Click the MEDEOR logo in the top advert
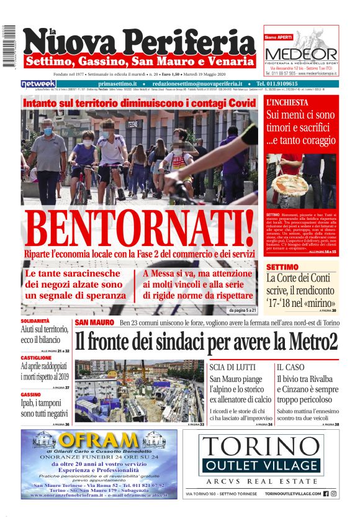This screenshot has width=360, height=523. (x=301, y=54)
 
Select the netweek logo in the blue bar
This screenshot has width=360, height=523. (x=38, y=83)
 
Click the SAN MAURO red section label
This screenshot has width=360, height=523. (x=94, y=322)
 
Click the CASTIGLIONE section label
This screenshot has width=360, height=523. (x=37, y=358)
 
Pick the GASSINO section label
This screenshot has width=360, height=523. (x=30, y=394)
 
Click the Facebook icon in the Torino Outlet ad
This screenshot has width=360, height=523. (x=326, y=494)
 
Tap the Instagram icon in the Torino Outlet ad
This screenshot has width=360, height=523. (x=334, y=494)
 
